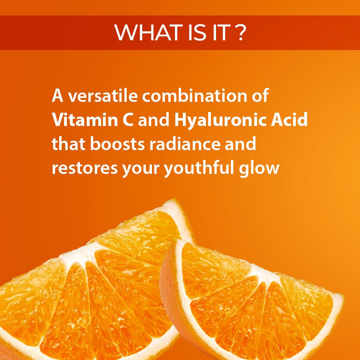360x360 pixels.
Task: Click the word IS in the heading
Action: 189,33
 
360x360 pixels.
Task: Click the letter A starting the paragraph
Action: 58,97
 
